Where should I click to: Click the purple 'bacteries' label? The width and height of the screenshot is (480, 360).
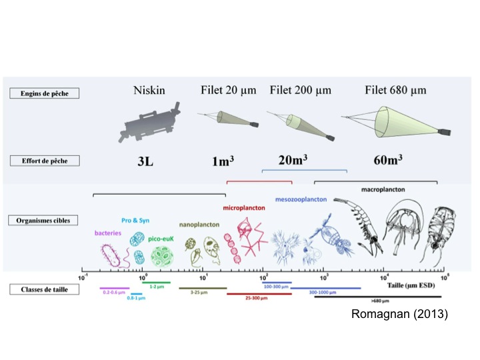click(x=109, y=234)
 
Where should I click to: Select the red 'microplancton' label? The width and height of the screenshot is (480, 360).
click(x=244, y=207)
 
